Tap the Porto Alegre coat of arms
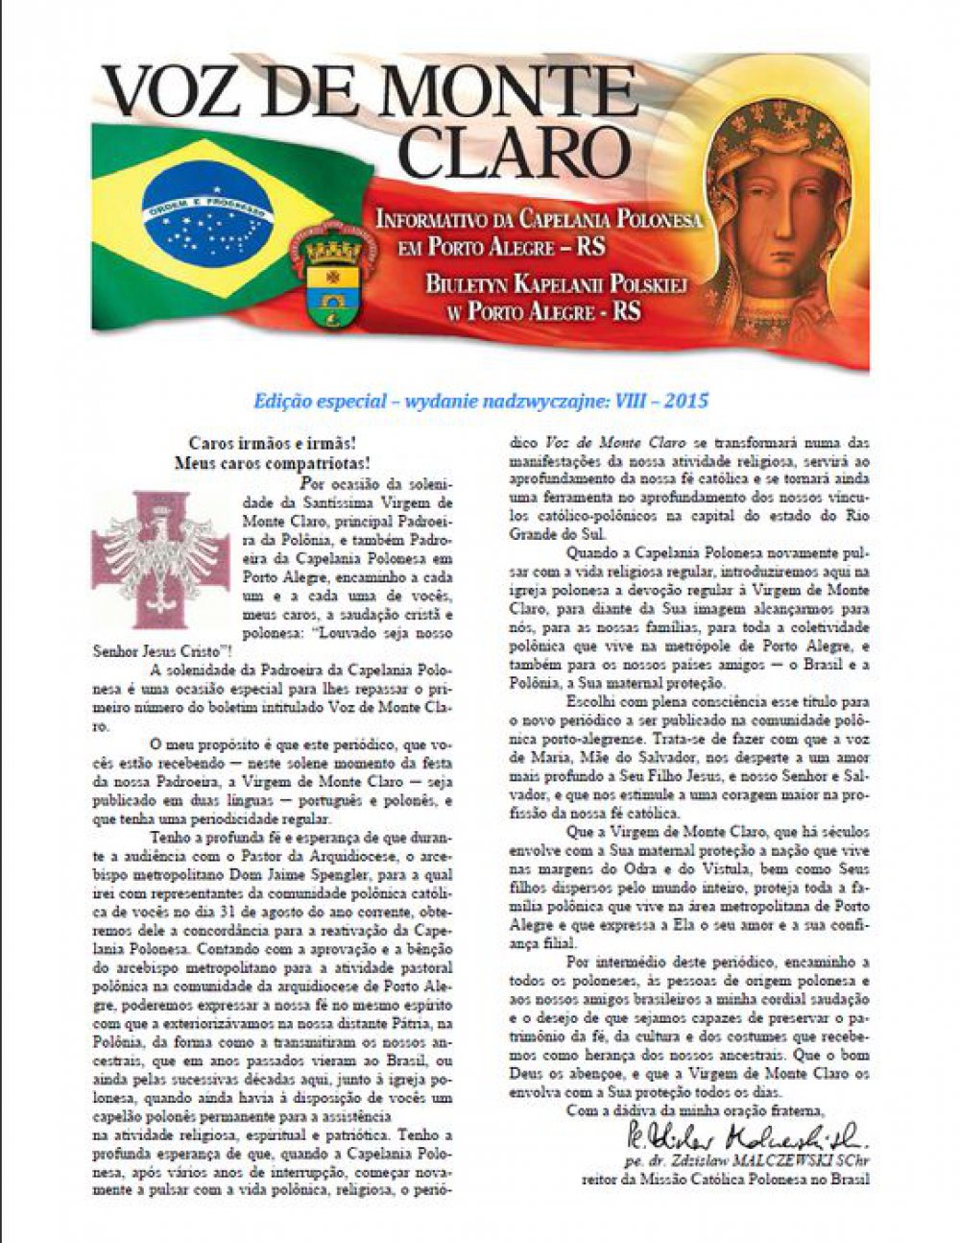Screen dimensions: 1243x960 pos(332,279)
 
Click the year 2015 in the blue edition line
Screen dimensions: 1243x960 pos(685,400)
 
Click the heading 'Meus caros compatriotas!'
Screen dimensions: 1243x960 pos(273,463)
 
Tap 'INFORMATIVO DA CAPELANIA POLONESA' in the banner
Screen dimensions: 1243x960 pos(539,219)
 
